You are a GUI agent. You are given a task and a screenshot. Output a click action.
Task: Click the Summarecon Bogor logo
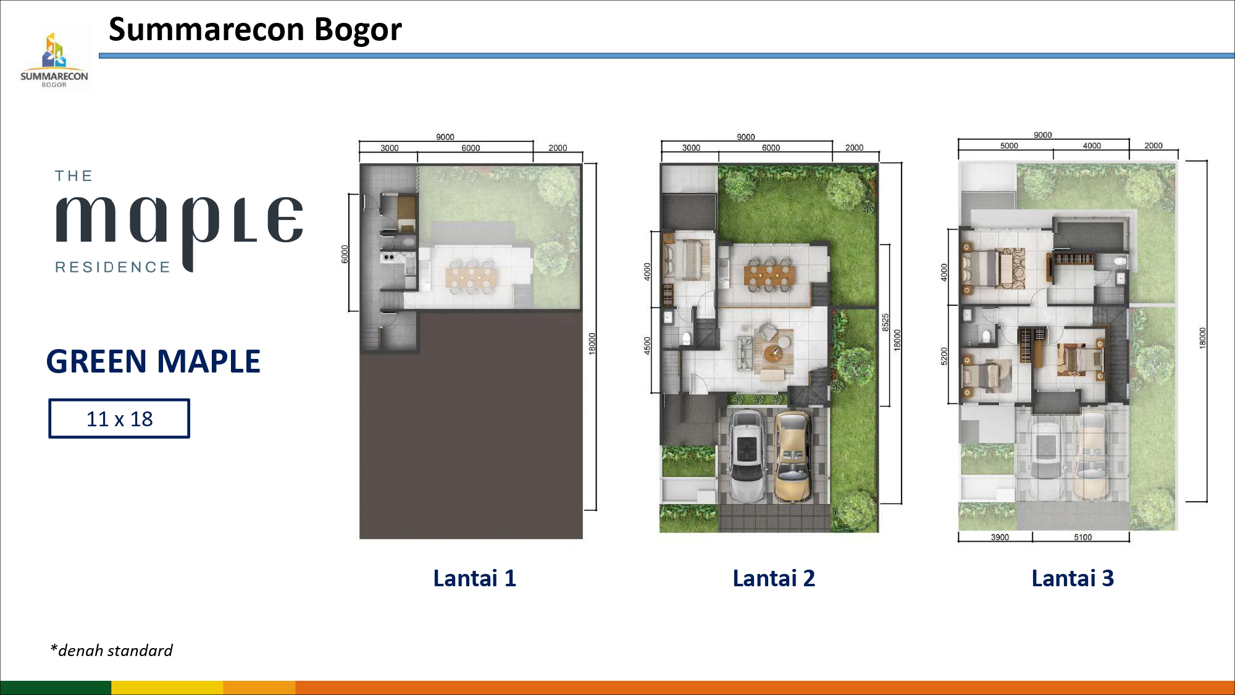pyautogui.click(x=54, y=59)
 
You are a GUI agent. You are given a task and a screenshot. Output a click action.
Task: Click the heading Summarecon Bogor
pyautogui.click(x=255, y=30)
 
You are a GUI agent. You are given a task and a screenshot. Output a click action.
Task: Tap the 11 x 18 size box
pyautogui.click(x=119, y=419)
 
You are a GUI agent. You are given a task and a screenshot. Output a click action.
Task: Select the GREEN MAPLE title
pyautogui.click(x=153, y=361)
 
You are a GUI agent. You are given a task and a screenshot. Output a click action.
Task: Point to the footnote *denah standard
pyautogui.click(x=111, y=651)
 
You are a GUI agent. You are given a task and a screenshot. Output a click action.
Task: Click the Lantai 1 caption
pyautogui.click(x=474, y=578)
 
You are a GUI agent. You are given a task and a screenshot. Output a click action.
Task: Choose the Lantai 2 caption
pyautogui.click(x=774, y=578)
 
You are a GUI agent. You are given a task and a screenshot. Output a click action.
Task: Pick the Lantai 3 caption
pyautogui.click(x=1073, y=578)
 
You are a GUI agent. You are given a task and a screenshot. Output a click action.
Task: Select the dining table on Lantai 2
pyautogui.click(x=769, y=276)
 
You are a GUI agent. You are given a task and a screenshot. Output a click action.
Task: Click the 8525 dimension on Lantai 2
pyautogui.click(x=885, y=322)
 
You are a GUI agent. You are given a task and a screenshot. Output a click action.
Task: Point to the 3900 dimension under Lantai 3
pyautogui.click(x=1000, y=537)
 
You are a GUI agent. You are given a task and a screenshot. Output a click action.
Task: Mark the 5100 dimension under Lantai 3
pyautogui.click(x=1082, y=537)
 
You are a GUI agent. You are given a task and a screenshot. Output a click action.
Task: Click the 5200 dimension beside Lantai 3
pyautogui.click(x=944, y=356)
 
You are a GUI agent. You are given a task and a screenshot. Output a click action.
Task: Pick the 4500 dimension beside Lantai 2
pyautogui.click(x=648, y=345)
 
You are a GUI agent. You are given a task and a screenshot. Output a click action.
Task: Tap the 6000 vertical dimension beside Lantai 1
pyautogui.click(x=345, y=254)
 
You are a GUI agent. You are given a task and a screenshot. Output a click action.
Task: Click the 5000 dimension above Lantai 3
pyautogui.click(x=1009, y=146)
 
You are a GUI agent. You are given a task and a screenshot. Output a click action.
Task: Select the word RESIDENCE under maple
pyautogui.click(x=112, y=267)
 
